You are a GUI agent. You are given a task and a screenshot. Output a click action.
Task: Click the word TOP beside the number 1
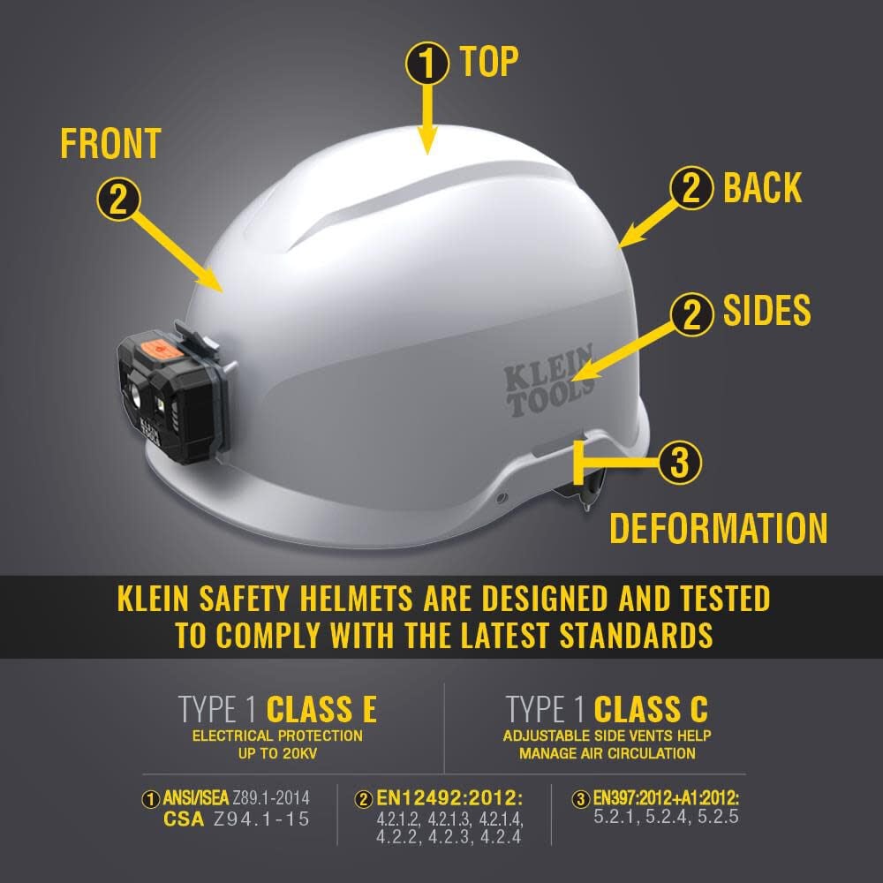click(488, 62)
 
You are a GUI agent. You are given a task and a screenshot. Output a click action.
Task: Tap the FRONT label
click(110, 143)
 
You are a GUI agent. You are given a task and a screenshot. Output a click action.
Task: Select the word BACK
click(762, 188)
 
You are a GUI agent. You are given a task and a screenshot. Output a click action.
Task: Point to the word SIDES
click(766, 310)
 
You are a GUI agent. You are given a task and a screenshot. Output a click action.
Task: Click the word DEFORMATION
click(718, 527)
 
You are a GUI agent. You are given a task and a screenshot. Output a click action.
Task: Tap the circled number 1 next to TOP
click(427, 64)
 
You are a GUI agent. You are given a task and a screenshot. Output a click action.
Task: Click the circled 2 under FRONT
click(118, 199)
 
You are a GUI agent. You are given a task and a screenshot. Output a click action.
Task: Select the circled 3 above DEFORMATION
click(680, 462)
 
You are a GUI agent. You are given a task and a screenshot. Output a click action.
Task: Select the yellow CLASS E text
click(321, 709)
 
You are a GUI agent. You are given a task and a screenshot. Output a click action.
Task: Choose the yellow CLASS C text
click(651, 709)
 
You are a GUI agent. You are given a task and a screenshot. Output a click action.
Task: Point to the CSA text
click(185, 819)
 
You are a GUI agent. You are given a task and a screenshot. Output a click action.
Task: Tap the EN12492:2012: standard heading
click(442, 798)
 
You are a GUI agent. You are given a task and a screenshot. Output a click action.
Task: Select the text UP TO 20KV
click(277, 753)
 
